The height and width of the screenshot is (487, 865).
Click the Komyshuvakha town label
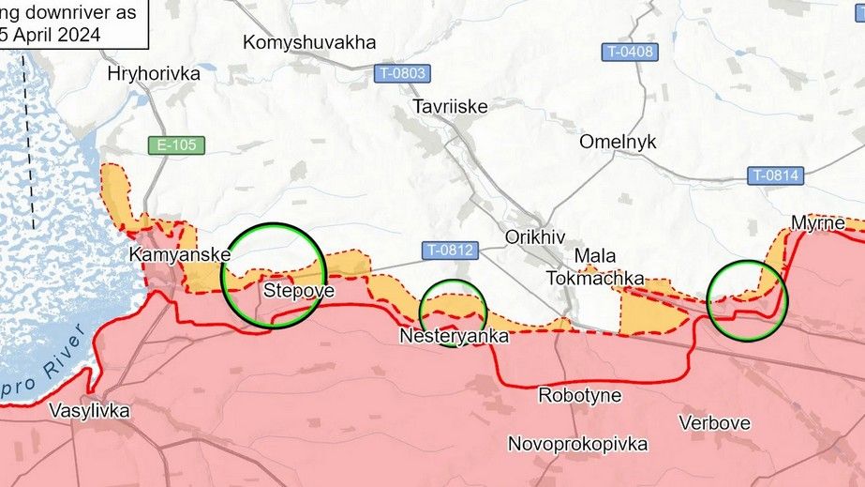tap(308, 42)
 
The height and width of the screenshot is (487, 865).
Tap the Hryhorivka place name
tap(154, 74)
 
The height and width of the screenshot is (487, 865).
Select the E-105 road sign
tap(175, 145)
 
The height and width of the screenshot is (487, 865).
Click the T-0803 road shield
tap(401, 72)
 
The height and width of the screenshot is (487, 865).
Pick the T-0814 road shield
tap(775, 175)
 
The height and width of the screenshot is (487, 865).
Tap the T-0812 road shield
tap(451, 251)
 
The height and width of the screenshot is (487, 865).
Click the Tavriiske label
tap(450, 107)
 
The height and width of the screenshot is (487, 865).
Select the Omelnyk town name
tap(618, 142)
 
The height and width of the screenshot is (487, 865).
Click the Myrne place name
tap(817, 223)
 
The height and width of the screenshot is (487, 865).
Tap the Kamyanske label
tap(180, 255)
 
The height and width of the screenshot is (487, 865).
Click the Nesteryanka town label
tap(454, 335)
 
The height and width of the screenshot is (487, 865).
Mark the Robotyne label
tap(579, 395)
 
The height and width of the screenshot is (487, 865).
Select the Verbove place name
tap(714, 423)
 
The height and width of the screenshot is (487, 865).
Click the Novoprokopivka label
tap(577, 443)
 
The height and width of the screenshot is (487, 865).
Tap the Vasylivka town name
tap(89, 410)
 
